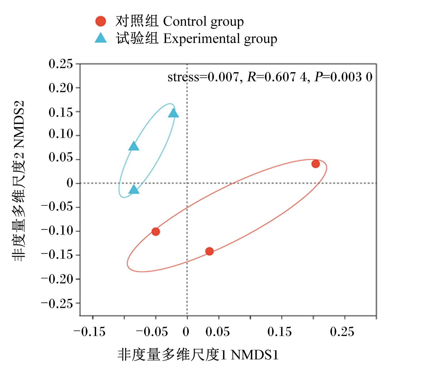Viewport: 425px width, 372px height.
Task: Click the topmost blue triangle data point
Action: [173, 113]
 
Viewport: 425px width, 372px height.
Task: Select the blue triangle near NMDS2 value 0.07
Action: [134, 146]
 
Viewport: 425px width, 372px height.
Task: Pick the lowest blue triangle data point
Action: [134, 189]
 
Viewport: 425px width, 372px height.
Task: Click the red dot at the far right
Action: [315, 164]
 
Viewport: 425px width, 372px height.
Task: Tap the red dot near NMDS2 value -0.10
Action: [156, 232]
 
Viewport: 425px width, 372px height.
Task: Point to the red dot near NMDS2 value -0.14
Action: [209, 251]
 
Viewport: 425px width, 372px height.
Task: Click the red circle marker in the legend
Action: [101, 21]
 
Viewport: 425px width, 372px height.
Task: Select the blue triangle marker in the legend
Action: [101, 38]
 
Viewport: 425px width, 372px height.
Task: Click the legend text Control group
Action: [203, 22]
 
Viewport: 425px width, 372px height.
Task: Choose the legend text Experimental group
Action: [220, 39]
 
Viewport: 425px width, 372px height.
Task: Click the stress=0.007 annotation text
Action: [203, 77]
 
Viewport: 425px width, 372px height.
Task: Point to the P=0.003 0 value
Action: [344, 77]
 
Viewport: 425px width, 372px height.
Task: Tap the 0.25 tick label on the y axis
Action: [61, 64]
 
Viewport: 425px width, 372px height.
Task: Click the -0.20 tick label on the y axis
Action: [57, 279]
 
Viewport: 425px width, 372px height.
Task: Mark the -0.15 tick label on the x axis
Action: [89, 332]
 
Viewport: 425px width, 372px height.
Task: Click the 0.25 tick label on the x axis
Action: [342, 332]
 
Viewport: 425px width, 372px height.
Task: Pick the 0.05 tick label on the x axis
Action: [218, 332]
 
